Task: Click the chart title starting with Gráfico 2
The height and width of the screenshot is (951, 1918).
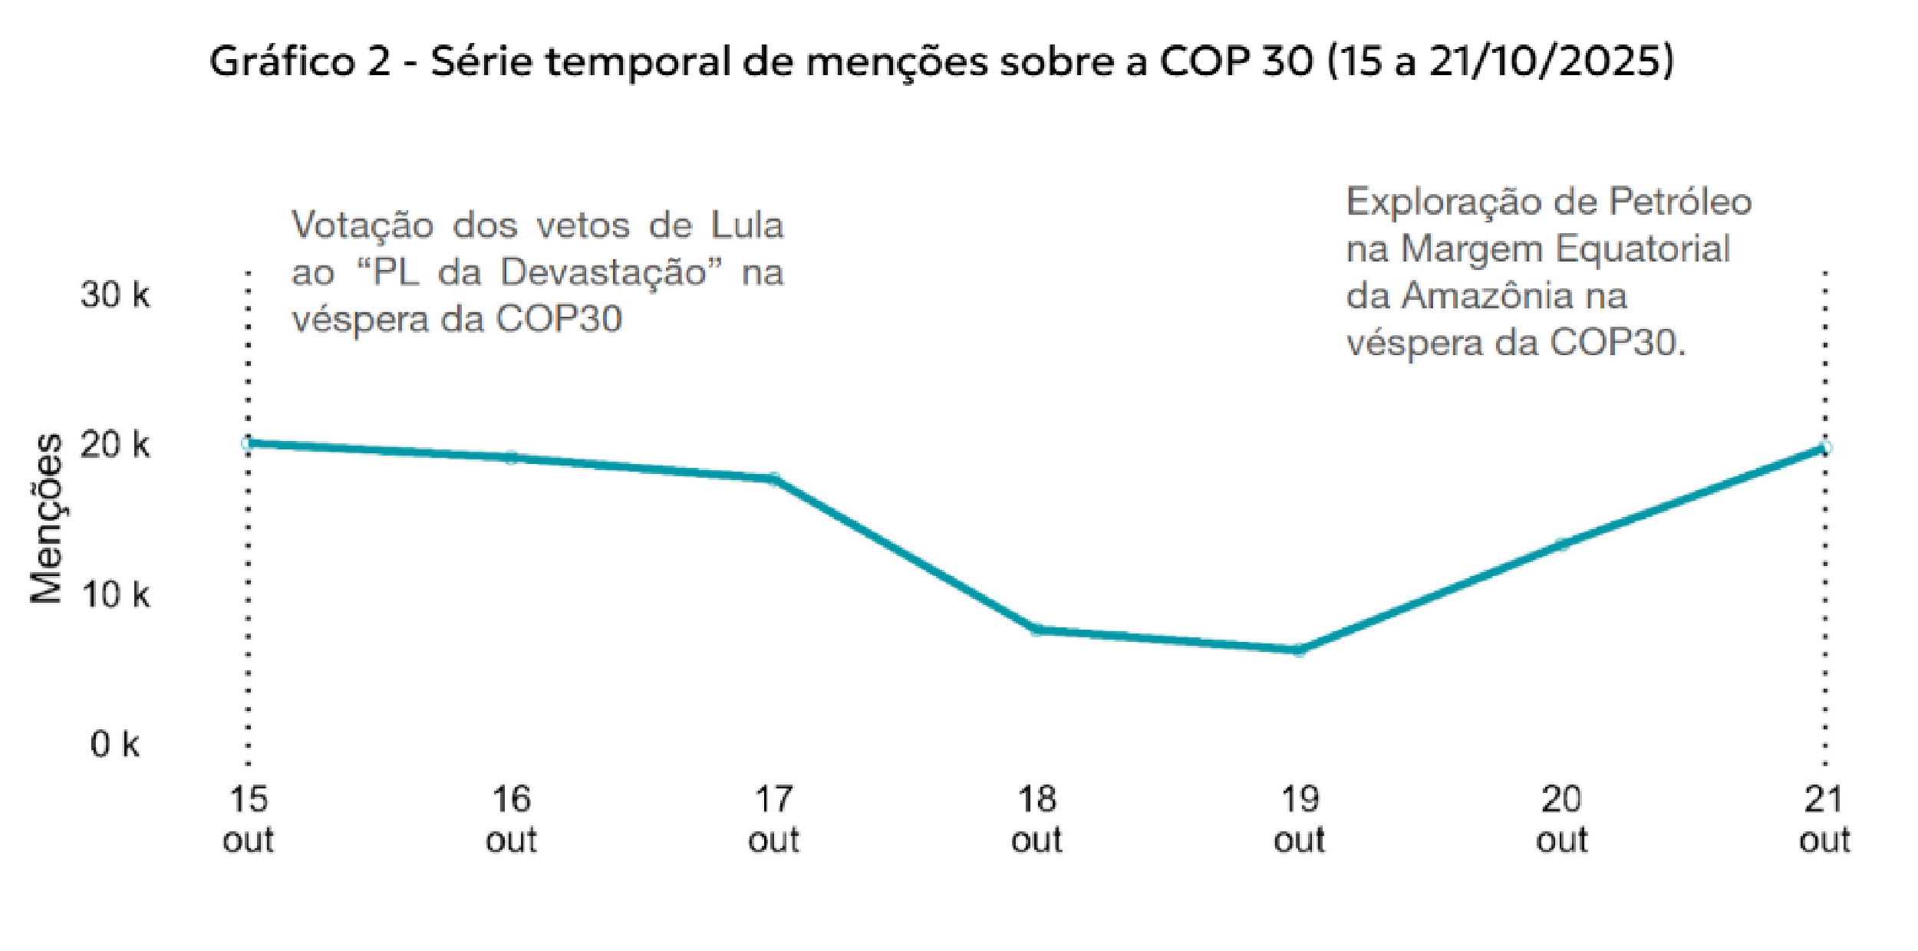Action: [941, 61]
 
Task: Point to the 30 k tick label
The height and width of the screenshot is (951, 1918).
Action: [115, 295]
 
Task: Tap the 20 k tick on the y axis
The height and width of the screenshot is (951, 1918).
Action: [115, 445]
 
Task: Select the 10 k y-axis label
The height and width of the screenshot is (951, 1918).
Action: [115, 594]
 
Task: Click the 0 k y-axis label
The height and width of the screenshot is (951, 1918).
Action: [115, 744]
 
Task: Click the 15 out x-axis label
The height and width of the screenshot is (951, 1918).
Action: [248, 819]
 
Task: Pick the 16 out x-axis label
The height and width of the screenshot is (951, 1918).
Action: [511, 819]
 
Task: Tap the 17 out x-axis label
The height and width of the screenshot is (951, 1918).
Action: [773, 819]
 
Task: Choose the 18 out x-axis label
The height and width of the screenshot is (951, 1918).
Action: [1036, 819]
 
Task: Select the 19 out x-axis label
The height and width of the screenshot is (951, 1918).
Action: [1299, 819]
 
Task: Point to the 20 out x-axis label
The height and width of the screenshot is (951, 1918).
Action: [1561, 819]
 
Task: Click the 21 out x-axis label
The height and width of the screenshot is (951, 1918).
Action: [1824, 819]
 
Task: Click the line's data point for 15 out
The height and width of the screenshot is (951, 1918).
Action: [248, 443]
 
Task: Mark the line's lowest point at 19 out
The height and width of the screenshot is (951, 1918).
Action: [1299, 650]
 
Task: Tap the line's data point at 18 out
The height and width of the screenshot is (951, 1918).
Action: [1036, 630]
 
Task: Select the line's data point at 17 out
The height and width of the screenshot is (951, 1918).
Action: [773, 479]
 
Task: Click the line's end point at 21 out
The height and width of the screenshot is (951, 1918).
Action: [1825, 448]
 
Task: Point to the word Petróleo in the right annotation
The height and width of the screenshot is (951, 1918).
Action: [1680, 202]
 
